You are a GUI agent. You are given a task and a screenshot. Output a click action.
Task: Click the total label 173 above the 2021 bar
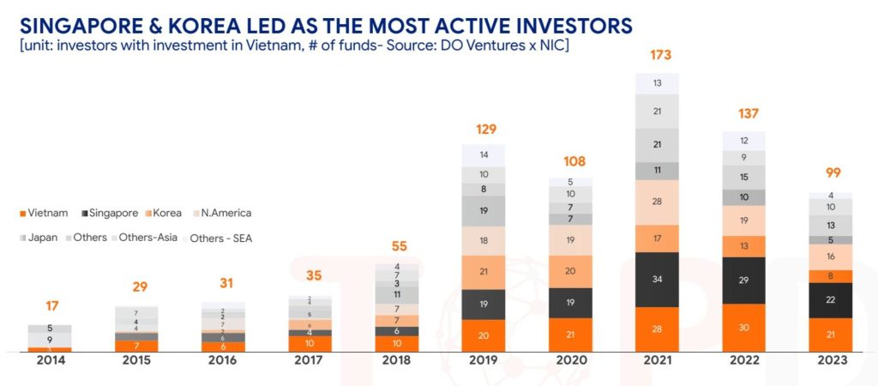click(658, 55)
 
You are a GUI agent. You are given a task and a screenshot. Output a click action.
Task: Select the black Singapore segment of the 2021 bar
click(658, 279)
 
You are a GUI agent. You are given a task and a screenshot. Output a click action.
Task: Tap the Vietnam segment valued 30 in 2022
click(744, 327)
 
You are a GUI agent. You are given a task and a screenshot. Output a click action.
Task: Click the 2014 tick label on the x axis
click(50, 360)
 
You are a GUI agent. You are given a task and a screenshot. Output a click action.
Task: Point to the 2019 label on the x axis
click(484, 360)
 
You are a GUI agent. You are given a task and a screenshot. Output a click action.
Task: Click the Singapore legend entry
click(107, 213)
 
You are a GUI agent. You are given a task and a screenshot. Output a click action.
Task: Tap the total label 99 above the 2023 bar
click(832, 175)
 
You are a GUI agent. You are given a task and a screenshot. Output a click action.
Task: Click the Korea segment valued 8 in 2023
click(831, 276)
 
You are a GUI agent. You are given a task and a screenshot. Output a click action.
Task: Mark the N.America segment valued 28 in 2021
click(658, 202)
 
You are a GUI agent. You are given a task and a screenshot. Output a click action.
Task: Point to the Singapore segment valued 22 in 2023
click(831, 299)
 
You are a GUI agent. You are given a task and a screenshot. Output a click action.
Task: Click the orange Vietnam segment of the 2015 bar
click(136, 345)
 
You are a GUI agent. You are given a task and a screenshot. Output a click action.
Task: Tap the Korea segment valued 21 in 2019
click(484, 272)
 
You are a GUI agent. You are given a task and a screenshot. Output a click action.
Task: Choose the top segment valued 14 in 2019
click(484, 155)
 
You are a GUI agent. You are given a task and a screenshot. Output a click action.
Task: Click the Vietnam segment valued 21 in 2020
click(571, 334)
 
